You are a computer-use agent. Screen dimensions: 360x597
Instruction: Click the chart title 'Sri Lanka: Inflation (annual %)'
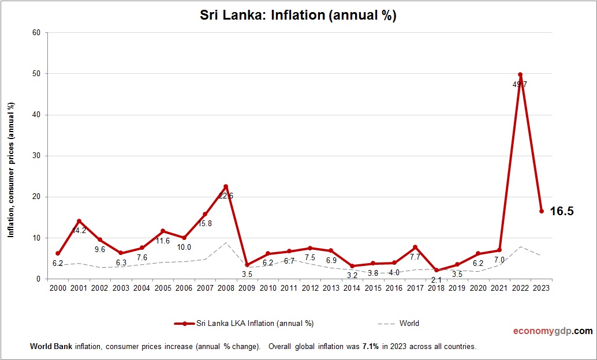pos(298,16)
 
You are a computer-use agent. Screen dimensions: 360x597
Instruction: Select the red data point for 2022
pos(520,74)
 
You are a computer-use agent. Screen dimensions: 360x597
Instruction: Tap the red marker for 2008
pos(226,186)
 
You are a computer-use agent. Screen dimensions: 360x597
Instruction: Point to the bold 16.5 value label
pos(561,211)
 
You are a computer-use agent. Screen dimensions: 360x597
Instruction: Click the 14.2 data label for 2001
pos(79,231)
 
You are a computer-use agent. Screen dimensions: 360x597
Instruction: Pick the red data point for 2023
pos(542,211)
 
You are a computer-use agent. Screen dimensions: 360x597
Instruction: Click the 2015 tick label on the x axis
pos(373,288)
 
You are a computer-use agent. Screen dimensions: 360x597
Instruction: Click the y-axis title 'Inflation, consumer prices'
pos(10,170)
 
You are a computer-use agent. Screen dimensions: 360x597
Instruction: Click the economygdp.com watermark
pos(553,331)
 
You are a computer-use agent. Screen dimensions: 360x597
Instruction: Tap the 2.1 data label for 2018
pos(436,280)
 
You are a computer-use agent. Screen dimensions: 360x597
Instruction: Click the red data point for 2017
pos(415,247)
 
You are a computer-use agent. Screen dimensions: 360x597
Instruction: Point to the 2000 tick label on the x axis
pos(58,288)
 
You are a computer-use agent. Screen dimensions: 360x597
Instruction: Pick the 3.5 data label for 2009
pos(247,274)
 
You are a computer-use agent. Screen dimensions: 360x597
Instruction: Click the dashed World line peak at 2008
pos(226,242)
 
